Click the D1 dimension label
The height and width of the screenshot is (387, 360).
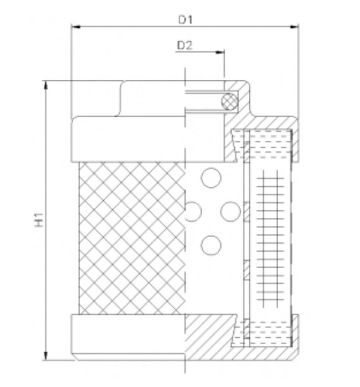pos(185,20)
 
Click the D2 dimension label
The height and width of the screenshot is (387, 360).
pos(184,45)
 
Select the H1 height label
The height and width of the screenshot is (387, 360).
pos(40,219)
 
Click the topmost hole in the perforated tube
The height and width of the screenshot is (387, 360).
pos(211,178)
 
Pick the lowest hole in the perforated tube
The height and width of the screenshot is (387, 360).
pos(211,246)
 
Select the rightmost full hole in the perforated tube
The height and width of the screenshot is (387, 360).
pos(230,211)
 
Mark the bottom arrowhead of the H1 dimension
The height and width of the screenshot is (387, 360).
pos(46,357)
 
